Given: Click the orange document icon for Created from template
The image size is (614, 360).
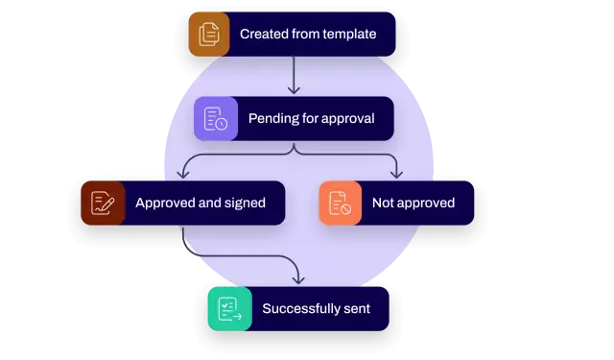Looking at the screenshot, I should (x=208, y=35).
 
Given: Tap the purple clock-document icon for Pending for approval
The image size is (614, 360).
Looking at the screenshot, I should (x=216, y=119).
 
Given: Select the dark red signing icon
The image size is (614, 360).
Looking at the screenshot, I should (x=103, y=203).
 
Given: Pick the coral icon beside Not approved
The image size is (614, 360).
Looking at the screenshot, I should (x=341, y=203).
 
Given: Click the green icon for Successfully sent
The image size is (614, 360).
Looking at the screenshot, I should (x=229, y=309).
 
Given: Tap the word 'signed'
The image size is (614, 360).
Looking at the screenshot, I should (x=244, y=204).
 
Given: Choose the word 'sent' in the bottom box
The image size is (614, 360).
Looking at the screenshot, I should (x=356, y=309).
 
